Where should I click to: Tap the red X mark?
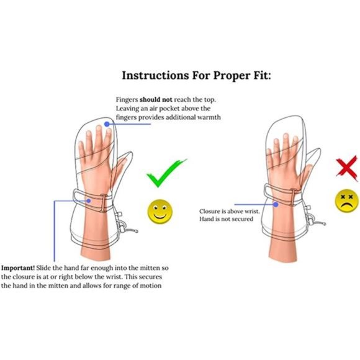pyautogui.click(x=347, y=167)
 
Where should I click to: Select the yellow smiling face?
pyautogui.click(x=160, y=212)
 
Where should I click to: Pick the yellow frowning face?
pyautogui.click(x=347, y=201)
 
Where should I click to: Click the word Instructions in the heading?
pyautogui.click(x=155, y=75)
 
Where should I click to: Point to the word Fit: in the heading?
pyautogui.click(x=262, y=75)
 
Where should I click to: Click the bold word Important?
pyautogui.click(x=18, y=268)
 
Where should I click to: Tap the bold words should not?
pyautogui.click(x=156, y=100)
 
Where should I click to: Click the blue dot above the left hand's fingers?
pyautogui.click(x=107, y=124)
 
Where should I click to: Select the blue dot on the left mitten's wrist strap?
pyautogui.click(x=89, y=201)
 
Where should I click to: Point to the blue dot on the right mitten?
pyautogui.click(x=276, y=204)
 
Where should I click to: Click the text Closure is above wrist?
pyautogui.click(x=229, y=211)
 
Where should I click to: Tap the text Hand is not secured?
pyautogui.click(x=226, y=219)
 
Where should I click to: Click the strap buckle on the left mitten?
pyautogui.click(x=103, y=203)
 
